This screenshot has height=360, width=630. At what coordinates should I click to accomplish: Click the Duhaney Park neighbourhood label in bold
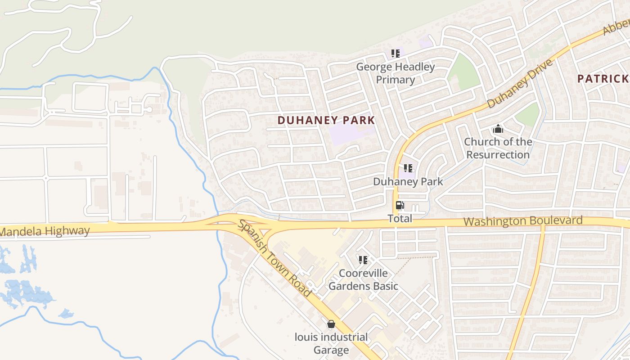pyautogui.click(x=326, y=120)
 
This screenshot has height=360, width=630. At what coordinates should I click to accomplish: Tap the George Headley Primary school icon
pyautogui.click(x=396, y=54)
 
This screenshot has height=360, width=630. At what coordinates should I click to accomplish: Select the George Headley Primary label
pyautogui.click(x=396, y=73)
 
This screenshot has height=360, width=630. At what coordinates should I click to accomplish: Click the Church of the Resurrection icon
pyautogui.click(x=498, y=129)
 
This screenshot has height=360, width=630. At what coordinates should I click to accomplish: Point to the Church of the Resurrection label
pyautogui.click(x=498, y=148)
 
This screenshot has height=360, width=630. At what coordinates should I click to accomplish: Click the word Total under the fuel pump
pyautogui.click(x=400, y=219)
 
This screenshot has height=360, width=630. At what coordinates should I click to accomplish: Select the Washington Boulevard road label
pyautogui.click(x=523, y=221)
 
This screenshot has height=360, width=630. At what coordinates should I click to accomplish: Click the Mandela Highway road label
pyautogui.click(x=45, y=231)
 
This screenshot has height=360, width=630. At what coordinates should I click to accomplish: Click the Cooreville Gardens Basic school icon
pyautogui.click(x=363, y=260)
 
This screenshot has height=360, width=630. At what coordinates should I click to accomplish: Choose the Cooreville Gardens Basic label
pyautogui.click(x=363, y=279)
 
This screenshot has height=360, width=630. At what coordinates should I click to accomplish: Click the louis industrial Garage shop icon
pyautogui.click(x=331, y=324)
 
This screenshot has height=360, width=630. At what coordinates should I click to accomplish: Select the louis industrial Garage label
pyautogui.click(x=331, y=343)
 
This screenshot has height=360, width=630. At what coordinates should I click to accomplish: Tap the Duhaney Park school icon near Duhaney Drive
pyautogui.click(x=408, y=169)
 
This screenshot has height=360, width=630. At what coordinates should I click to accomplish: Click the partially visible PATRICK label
pyautogui.click(x=603, y=79)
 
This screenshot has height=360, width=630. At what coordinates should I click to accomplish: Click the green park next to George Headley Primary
pyautogui.click(x=463, y=72)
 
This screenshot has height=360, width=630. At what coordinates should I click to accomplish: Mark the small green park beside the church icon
pyautogui.click(x=527, y=115)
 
